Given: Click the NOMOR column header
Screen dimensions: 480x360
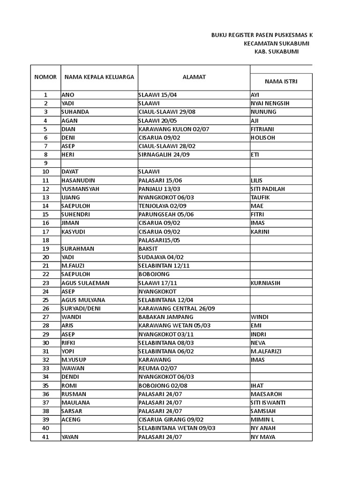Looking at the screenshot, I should click(45, 77).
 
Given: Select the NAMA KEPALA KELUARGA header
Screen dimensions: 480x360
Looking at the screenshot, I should click(99, 77).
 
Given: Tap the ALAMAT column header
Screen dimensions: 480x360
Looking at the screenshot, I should click(194, 77).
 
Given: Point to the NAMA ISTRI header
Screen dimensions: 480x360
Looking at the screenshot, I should click(281, 81).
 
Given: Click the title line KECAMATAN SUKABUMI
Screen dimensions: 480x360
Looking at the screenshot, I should click(277, 43).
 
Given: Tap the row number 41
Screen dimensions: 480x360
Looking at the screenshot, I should click(45, 437).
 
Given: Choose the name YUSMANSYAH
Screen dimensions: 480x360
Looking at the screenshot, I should click(80, 188).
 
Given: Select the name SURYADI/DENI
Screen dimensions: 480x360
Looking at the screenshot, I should click(80, 308).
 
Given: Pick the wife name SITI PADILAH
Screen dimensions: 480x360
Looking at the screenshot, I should click(268, 188).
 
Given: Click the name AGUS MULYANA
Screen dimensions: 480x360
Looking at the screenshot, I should click(83, 300).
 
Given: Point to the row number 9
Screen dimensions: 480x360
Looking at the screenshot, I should click(45, 163).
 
